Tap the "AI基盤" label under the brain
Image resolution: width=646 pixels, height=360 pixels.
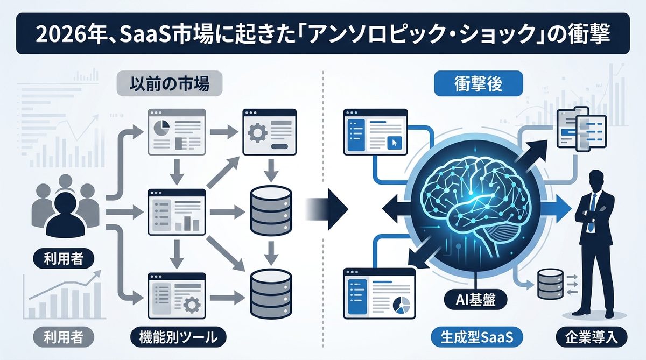pyautogui.click(x=476, y=297)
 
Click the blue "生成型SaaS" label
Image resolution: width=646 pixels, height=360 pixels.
pyautogui.click(x=474, y=338)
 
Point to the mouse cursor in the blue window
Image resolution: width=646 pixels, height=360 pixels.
pyautogui.click(x=394, y=143)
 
